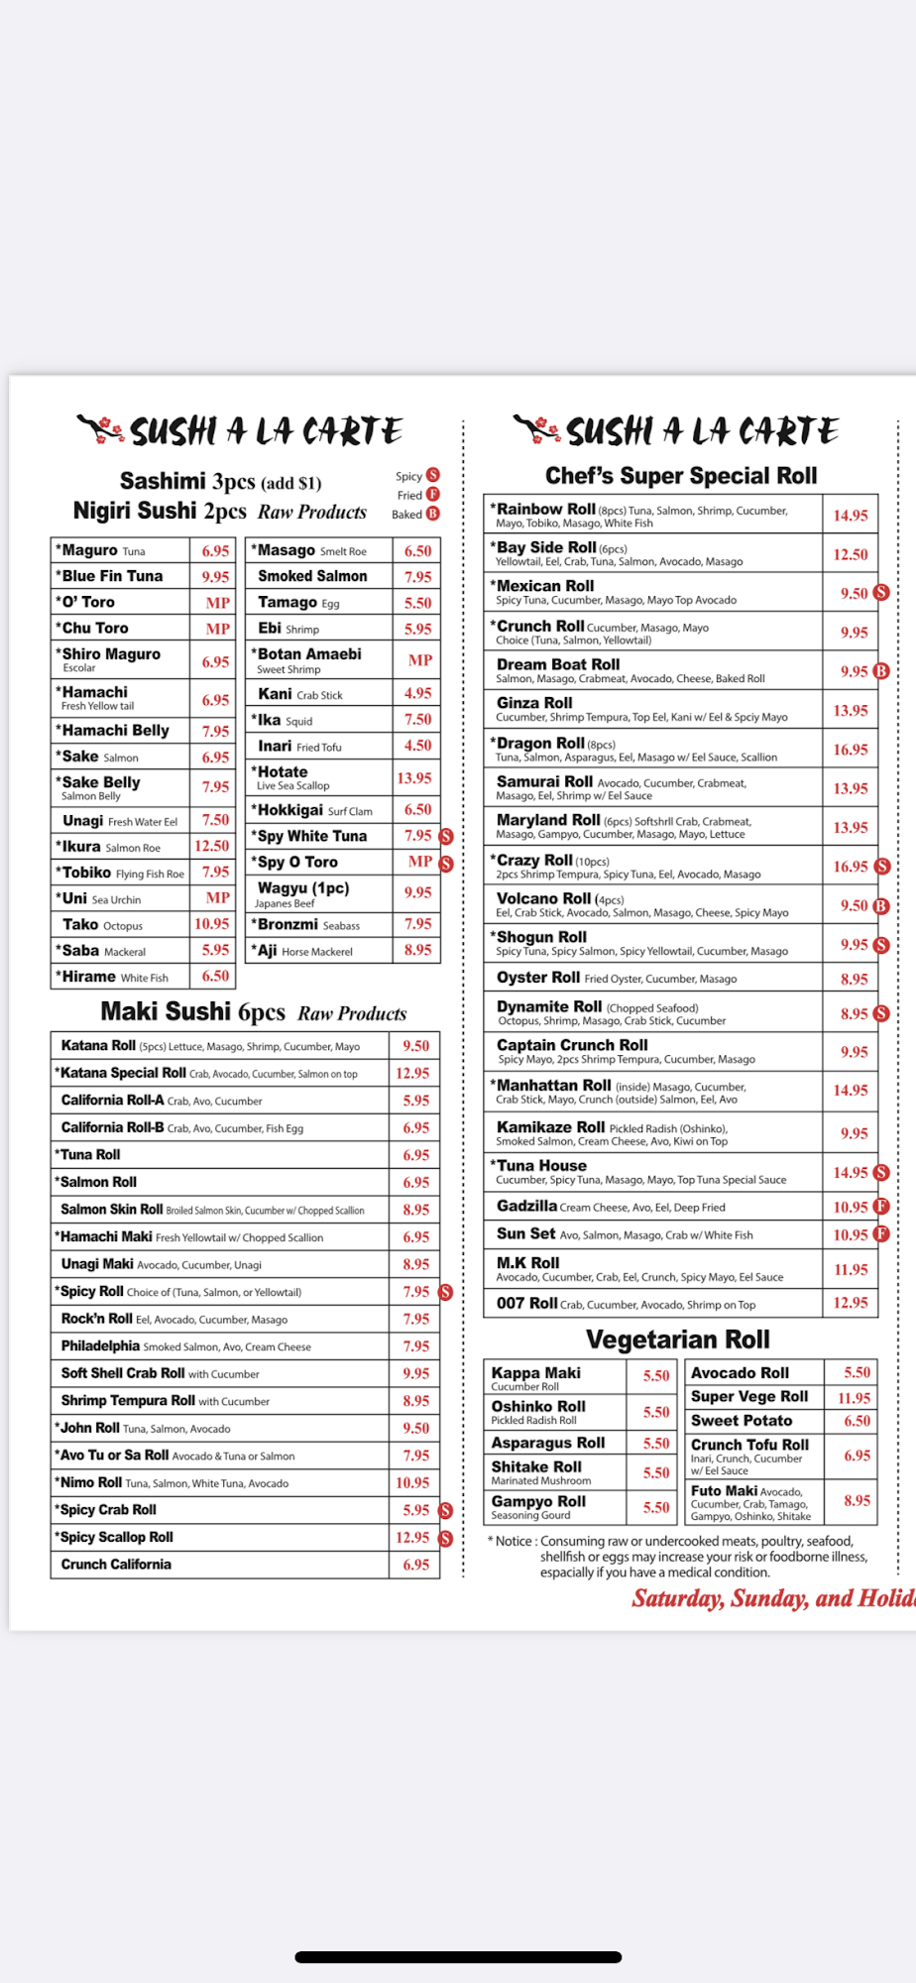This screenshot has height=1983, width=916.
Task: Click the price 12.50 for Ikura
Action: point(211,846)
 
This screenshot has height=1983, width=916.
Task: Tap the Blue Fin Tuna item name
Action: point(112,576)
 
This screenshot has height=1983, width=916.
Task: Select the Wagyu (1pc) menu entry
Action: point(303,888)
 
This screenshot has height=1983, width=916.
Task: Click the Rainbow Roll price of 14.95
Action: point(850,516)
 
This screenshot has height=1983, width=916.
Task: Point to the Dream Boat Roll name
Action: point(558,664)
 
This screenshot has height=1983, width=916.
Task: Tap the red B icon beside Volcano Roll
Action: point(880,905)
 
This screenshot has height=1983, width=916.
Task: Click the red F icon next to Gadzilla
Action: point(880,1207)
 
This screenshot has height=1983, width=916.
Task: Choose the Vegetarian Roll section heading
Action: point(678,1340)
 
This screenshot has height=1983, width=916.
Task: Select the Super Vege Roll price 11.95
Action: point(854,1398)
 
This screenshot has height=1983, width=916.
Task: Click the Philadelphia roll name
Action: point(100,1346)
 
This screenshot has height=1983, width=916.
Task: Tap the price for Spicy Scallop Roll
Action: point(412,1537)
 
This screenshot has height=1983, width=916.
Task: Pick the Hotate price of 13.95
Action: point(413,778)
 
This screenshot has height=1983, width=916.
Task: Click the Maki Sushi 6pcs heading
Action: point(192,1011)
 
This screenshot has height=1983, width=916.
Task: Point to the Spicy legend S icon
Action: point(433,475)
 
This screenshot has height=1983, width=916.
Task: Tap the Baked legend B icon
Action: point(433,514)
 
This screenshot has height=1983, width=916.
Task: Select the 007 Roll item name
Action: point(526,1303)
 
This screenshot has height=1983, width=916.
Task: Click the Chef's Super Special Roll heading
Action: point(681,476)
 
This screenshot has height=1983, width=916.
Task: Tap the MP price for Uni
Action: point(217,897)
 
